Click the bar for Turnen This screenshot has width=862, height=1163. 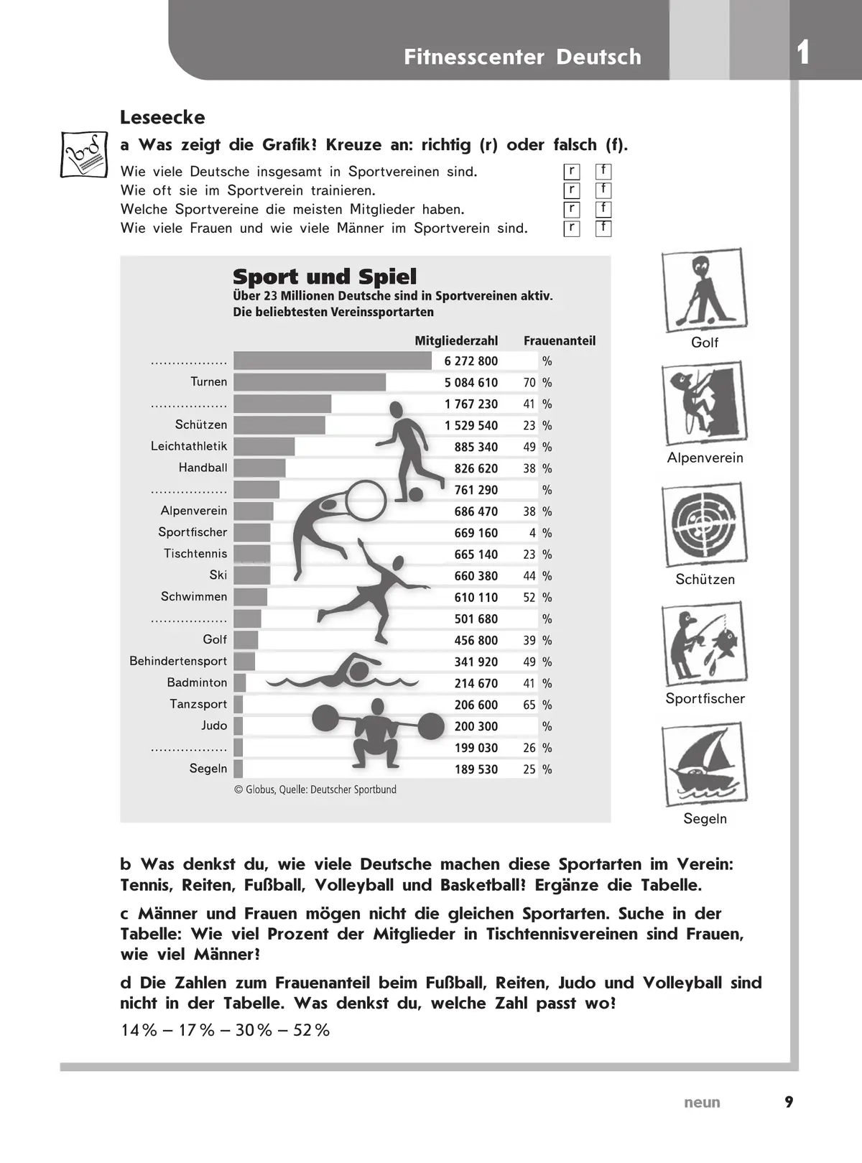point(310,382)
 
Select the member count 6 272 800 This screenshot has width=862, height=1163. point(471,361)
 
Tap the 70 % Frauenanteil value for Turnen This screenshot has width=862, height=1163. point(529,382)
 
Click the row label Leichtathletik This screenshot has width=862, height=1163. point(189,446)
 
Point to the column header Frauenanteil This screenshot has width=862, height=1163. point(560,340)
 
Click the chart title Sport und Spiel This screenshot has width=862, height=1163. point(325,277)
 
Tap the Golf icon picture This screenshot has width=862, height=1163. point(704,291)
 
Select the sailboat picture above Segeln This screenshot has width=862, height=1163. point(704,766)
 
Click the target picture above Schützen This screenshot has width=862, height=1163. point(704,525)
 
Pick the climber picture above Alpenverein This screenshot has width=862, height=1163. point(704,404)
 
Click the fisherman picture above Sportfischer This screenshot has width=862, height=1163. point(704,644)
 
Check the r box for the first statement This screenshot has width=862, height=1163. point(572,172)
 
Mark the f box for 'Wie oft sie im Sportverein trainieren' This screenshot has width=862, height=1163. point(603,190)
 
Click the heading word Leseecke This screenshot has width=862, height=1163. point(162,117)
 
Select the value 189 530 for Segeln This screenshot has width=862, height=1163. point(476,769)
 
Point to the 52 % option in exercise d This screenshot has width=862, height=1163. point(311,1030)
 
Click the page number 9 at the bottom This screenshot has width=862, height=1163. point(789,1102)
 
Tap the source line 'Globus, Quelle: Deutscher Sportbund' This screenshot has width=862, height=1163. point(316,789)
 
